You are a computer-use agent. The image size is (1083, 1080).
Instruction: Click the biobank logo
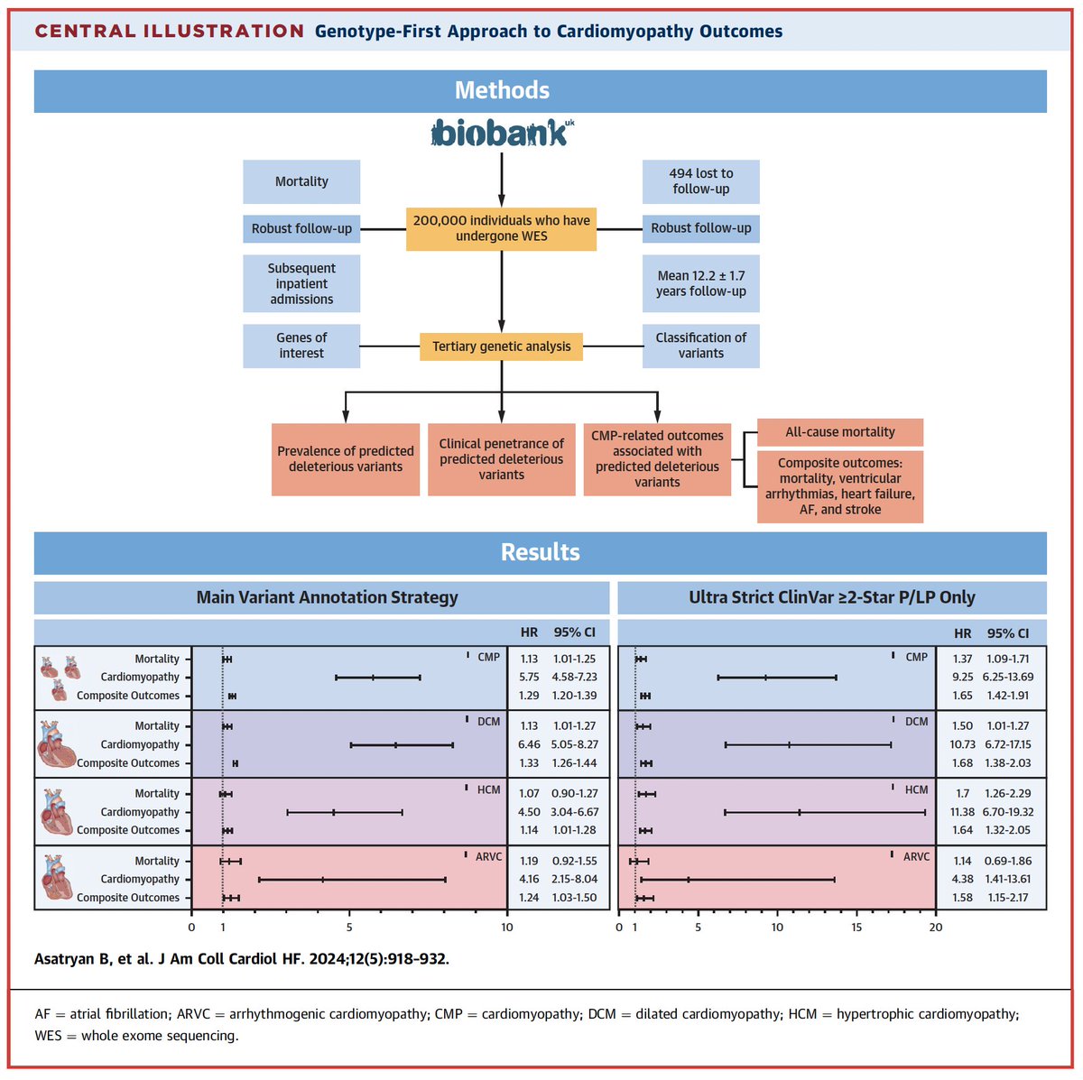(x=503, y=134)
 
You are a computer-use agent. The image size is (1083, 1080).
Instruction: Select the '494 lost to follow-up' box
(x=700, y=181)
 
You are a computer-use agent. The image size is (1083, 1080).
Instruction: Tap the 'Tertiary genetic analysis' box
(x=501, y=346)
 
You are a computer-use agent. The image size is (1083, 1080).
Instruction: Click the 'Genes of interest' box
(x=301, y=346)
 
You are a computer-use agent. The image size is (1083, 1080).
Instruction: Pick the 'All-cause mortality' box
(x=839, y=432)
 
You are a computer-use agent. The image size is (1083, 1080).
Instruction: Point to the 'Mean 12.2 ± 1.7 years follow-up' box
(x=700, y=283)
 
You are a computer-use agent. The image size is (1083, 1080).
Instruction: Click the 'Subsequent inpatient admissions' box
(x=301, y=283)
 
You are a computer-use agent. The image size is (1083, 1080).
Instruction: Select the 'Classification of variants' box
(x=700, y=346)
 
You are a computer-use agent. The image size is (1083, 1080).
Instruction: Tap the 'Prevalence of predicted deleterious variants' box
(x=346, y=459)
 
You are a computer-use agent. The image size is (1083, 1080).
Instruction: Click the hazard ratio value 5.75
(x=529, y=677)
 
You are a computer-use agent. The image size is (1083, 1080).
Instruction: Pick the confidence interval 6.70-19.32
(x=1008, y=812)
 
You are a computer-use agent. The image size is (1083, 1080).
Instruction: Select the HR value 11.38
(x=962, y=812)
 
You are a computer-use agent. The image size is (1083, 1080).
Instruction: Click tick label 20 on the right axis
(x=936, y=928)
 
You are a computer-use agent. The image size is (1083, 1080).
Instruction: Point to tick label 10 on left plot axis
(x=506, y=928)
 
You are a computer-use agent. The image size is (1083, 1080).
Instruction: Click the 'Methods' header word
(x=502, y=90)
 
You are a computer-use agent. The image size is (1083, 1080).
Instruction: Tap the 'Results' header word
(x=540, y=552)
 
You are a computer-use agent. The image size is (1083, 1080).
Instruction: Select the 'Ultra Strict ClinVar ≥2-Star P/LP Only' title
(x=831, y=597)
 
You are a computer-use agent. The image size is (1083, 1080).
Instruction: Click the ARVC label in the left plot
(x=488, y=856)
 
